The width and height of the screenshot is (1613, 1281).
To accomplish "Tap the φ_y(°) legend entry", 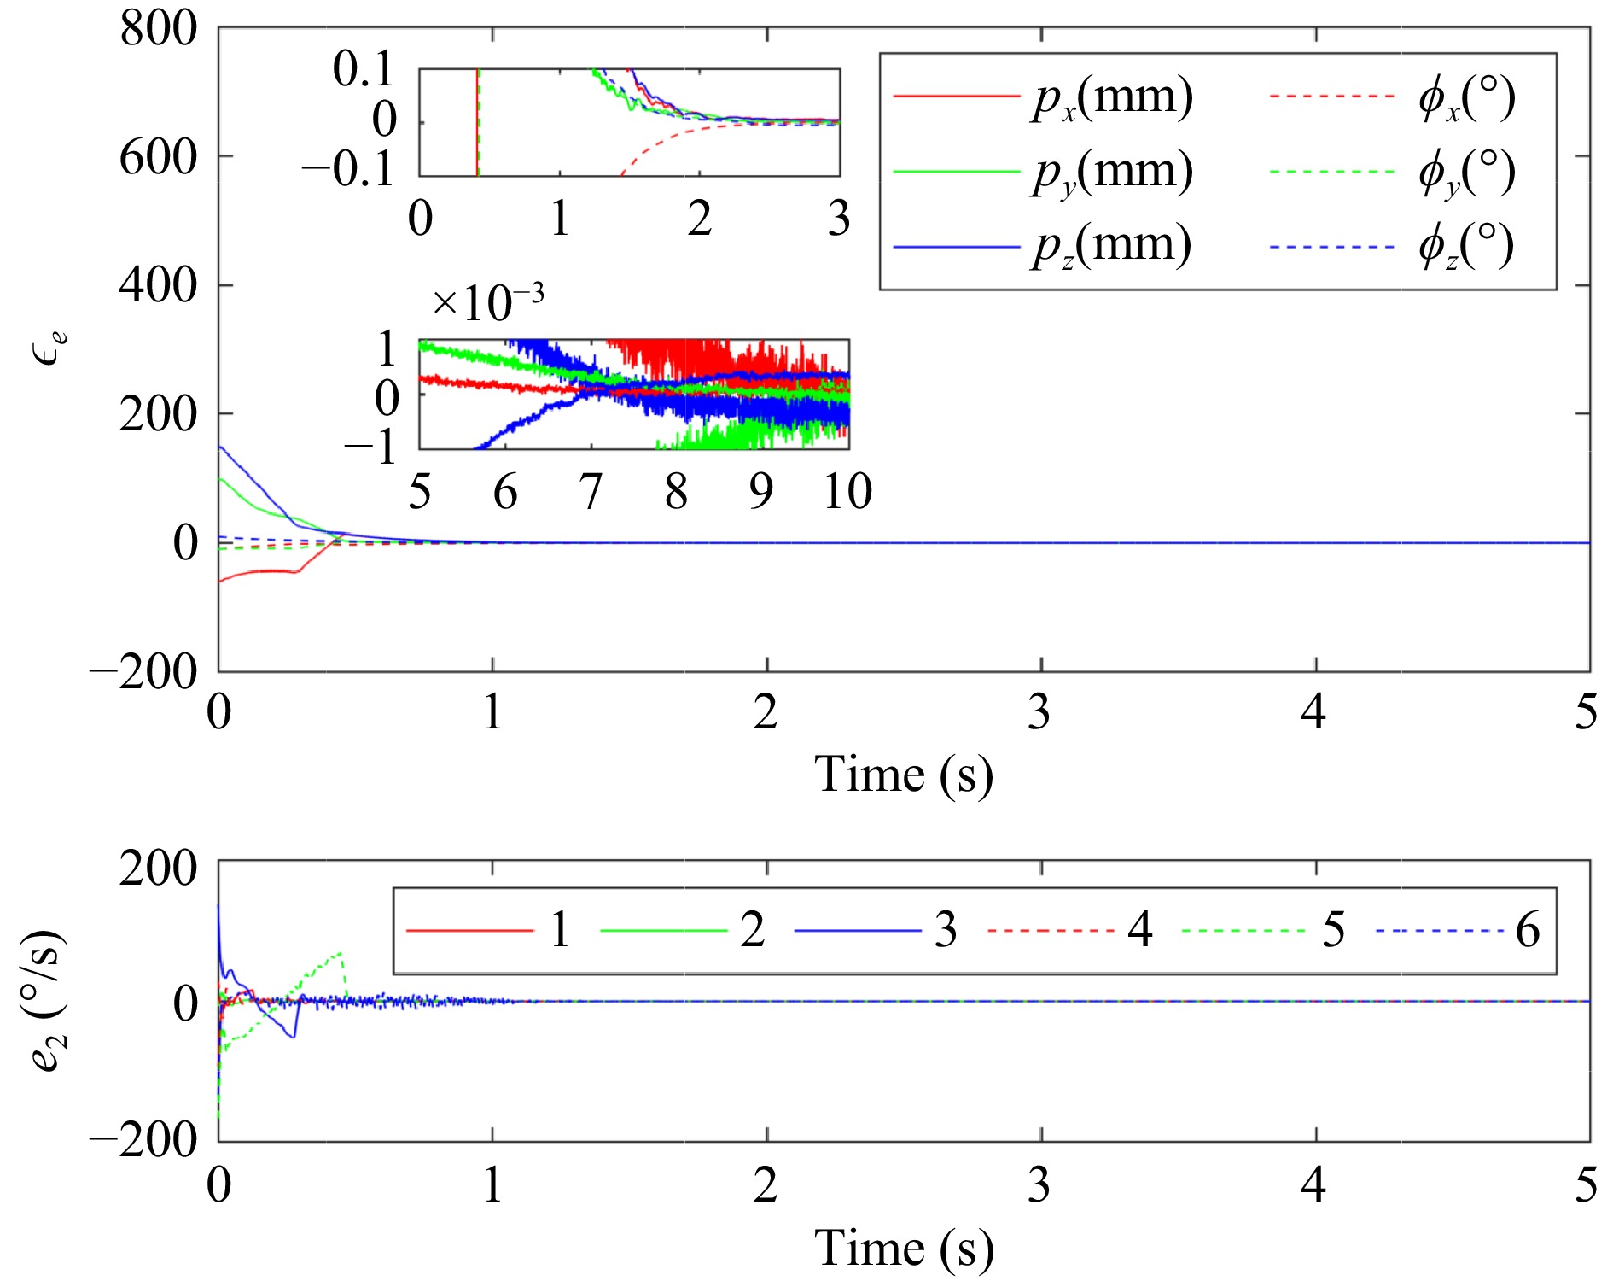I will (1465, 173).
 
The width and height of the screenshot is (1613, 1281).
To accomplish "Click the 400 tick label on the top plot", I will (158, 285).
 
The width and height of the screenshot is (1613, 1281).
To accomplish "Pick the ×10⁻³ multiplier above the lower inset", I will (487, 301).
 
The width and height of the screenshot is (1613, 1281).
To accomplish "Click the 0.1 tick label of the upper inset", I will (364, 69).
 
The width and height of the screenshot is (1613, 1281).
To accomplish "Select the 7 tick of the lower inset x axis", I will (591, 493).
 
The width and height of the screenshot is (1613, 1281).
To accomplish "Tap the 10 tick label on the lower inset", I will (847, 493).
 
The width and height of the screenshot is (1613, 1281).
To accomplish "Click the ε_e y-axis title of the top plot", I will (49, 347).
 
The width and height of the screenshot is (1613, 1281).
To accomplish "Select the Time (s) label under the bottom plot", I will (904, 1249).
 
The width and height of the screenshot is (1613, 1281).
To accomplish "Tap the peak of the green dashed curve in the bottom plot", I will (341, 952).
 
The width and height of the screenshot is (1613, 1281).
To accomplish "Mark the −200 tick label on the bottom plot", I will (143, 1140).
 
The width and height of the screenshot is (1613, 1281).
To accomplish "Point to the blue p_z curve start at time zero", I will (220, 447).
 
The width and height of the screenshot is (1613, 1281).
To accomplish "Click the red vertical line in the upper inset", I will (476, 122).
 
